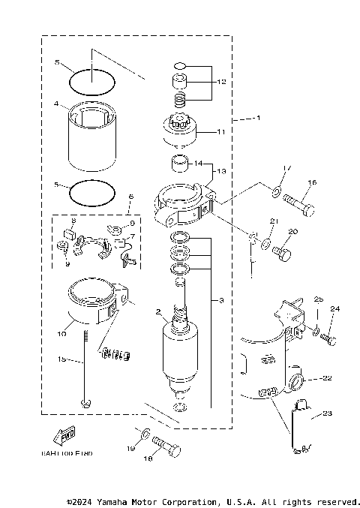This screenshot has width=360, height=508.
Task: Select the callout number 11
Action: [x=221, y=131]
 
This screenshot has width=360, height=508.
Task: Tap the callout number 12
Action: [x=221, y=81]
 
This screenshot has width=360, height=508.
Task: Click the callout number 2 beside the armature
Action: [x=158, y=311]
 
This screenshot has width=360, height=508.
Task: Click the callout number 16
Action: [x=313, y=182]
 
